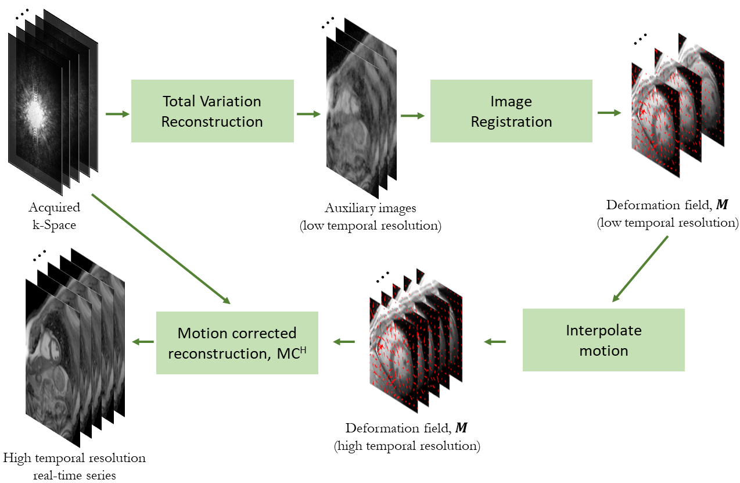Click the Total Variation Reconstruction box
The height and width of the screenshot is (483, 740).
coord(213,111)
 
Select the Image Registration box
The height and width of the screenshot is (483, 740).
coord(511,111)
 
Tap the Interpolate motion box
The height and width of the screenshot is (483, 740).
coord(604,340)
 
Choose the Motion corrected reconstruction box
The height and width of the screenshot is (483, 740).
coord(237,343)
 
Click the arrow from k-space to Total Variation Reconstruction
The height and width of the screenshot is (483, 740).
coord(117,114)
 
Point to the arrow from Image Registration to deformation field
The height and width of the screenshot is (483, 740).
coord(609,113)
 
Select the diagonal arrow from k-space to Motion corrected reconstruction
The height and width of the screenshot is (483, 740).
coord(161,249)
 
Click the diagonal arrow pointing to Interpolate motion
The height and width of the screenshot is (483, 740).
coord(640,269)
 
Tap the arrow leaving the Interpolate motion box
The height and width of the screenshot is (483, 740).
coord(495,342)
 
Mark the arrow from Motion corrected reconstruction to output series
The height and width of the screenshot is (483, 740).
coord(143,342)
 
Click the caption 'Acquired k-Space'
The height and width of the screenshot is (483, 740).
coord(54,216)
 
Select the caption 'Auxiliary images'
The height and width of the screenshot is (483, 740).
coord(371,208)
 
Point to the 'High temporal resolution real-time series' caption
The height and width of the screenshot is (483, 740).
coord(74,467)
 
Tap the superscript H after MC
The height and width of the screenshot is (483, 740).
coord(303,350)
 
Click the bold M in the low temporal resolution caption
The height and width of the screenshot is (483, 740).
coord(722,205)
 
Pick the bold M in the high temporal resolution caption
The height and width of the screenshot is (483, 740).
coord(461,428)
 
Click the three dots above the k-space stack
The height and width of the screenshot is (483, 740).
coord(22,14)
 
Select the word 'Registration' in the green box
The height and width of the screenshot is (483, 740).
coord(511,122)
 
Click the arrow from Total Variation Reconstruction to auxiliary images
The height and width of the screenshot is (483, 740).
coord(309,114)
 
